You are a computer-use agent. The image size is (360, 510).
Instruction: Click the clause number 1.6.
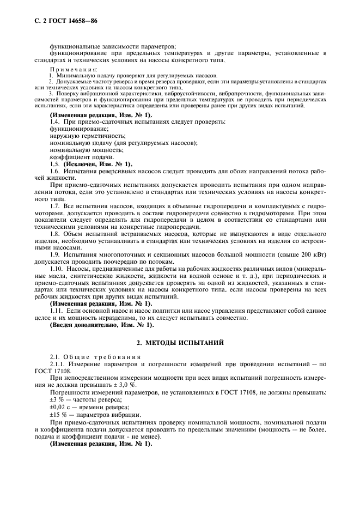(x=55, y=171)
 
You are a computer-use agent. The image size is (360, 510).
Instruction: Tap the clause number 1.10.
(x=57, y=270)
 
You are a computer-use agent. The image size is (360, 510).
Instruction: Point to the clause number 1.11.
(x=57, y=311)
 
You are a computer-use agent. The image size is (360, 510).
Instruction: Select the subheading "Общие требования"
(x=97, y=356)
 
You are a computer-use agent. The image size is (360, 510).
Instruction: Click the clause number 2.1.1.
(x=58, y=363)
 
